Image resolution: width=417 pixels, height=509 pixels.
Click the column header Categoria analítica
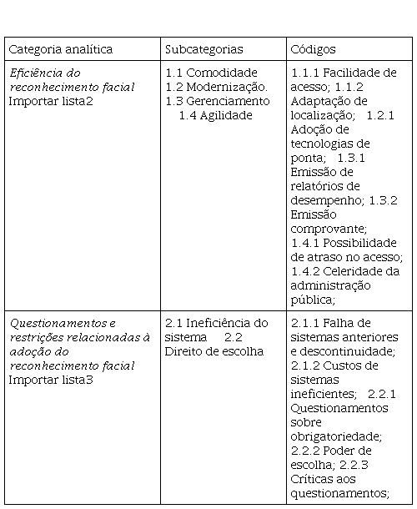(61, 50)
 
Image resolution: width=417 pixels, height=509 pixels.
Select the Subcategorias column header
(204, 50)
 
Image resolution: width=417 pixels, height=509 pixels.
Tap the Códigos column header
(314, 50)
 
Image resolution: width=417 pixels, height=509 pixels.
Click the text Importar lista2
(51, 101)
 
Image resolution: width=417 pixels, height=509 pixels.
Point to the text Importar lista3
(51, 380)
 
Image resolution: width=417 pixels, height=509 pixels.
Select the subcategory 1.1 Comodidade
(212, 73)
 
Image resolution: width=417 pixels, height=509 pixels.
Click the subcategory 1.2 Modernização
(217, 87)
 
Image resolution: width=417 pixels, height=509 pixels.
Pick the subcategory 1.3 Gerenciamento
(218, 101)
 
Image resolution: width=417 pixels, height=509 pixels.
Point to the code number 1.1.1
(305, 73)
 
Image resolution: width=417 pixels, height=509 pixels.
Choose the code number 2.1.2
(305, 365)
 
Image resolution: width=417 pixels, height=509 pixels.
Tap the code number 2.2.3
(354, 465)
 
